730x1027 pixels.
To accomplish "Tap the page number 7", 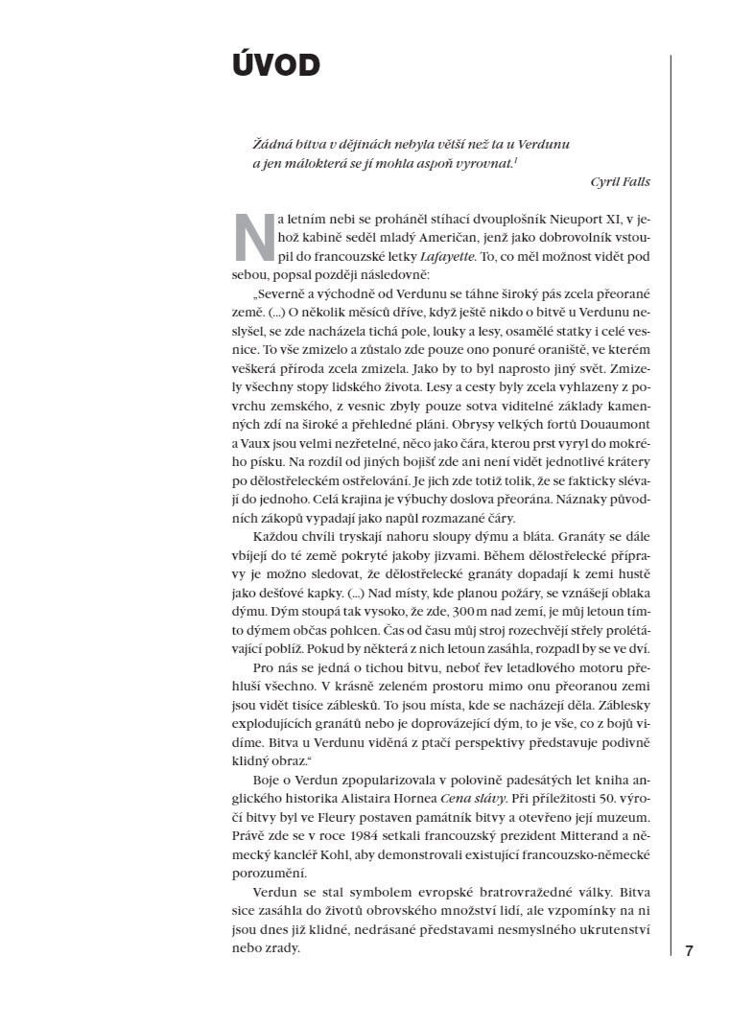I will (x=689, y=951).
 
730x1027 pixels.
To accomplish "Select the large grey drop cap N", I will (x=253, y=236).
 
